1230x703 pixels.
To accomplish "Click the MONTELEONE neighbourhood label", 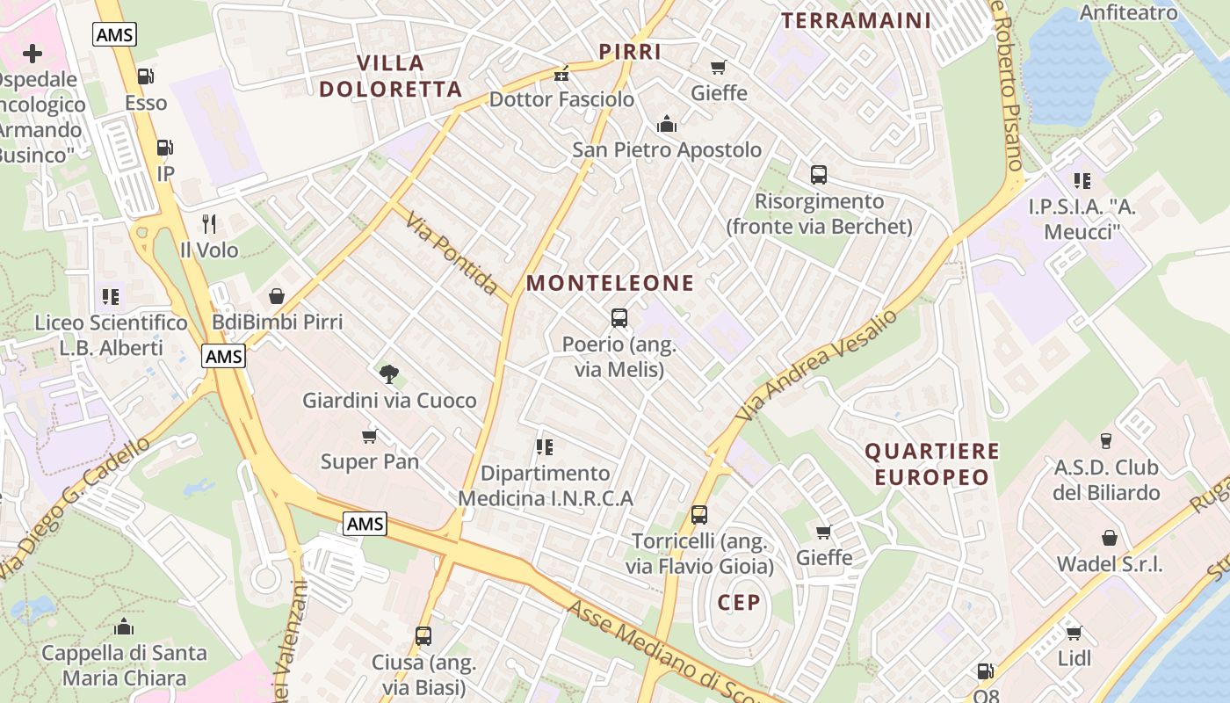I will [610, 283].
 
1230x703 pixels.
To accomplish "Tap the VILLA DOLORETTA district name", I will [390, 76].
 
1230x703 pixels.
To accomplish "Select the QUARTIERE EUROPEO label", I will [932, 464].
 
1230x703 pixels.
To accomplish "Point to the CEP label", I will [738, 602].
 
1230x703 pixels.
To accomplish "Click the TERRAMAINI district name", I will [856, 20].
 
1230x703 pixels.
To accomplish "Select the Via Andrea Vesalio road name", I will [819, 364].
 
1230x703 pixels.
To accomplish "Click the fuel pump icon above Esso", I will [146, 77].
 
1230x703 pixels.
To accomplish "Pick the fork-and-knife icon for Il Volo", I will [209, 224].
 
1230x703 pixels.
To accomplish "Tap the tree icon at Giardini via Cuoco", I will [389, 374].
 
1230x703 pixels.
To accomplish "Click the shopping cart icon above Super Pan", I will [370, 436].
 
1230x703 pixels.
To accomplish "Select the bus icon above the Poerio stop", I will [619, 317].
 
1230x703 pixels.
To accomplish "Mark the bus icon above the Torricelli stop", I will [699, 514].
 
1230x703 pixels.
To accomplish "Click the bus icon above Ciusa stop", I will [423, 635].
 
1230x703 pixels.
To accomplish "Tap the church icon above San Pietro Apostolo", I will [667, 124].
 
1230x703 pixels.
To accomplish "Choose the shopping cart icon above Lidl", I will [1074, 633].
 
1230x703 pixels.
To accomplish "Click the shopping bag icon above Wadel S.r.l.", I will [1110, 538].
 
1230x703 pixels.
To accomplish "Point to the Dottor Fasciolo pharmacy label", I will [561, 99].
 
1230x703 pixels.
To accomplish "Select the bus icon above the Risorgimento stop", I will [819, 175].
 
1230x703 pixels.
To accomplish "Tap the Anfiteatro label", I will [1128, 12].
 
